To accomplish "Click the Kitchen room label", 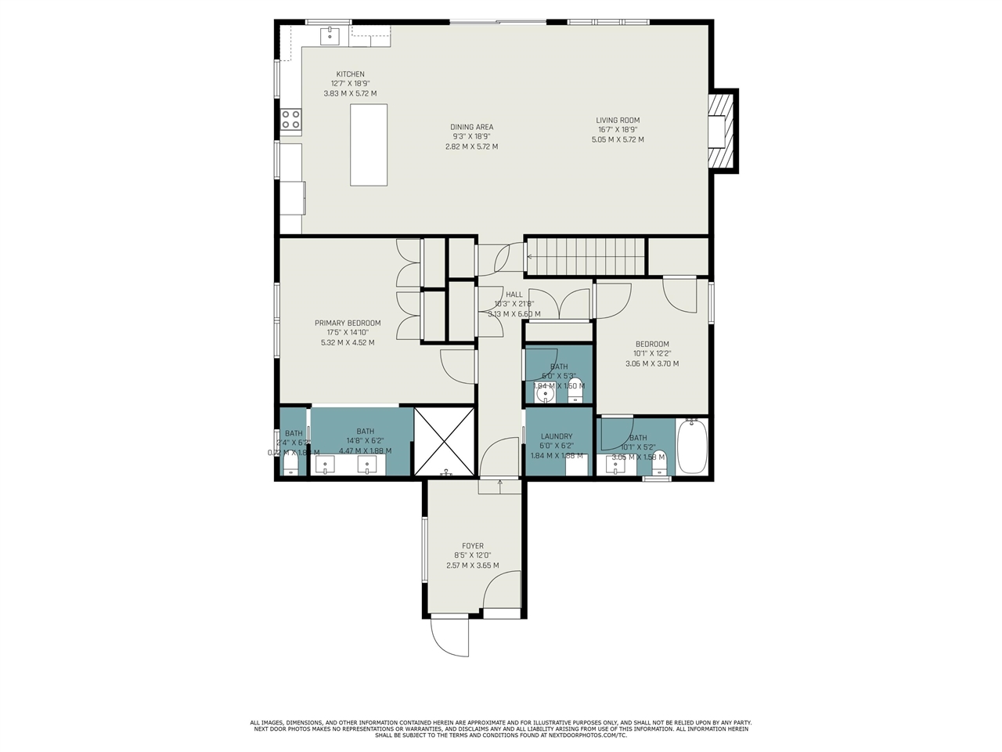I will click(350, 74).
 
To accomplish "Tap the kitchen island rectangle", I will click(369, 145).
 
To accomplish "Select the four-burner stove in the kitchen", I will click(291, 119).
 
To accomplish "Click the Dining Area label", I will click(471, 127).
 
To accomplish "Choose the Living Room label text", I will click(618, 121).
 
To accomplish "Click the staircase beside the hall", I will click(586, 256).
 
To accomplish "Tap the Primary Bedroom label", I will click(348, 323).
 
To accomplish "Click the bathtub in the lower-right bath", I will click(691, 446).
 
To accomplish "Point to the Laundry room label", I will click(556, 436).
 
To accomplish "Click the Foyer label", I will click(472, 546).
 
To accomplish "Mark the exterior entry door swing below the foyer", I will click(451, 636).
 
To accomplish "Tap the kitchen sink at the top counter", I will click(330, 35).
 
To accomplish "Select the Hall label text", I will click(514, 295).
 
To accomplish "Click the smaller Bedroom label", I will click(652, 344).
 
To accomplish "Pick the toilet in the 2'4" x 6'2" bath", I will click(291, 465).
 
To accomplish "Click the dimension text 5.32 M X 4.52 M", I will click(348, 342).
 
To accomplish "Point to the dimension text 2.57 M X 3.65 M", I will click(472, 566).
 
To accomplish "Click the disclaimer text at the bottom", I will click(501, 728).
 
